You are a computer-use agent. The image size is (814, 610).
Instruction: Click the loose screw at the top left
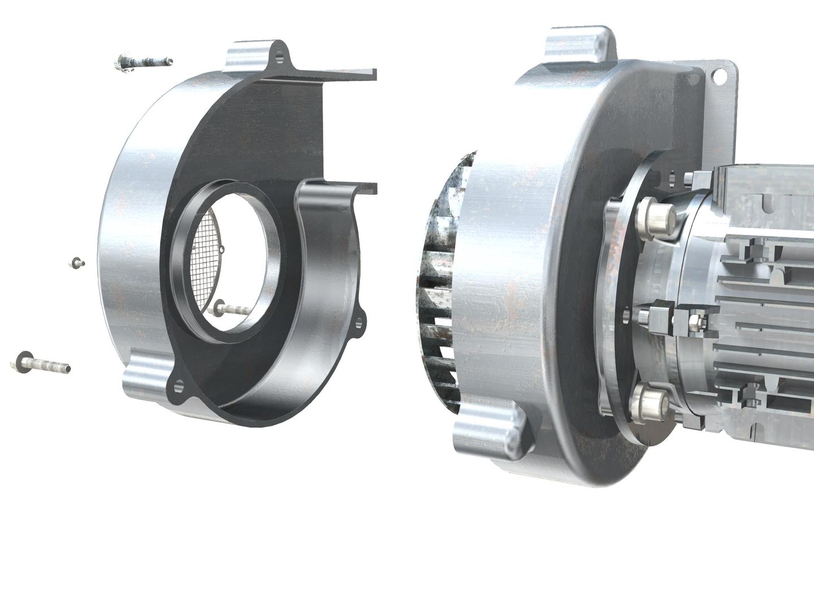[142, 62]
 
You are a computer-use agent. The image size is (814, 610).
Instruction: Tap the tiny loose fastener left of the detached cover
[76, 262]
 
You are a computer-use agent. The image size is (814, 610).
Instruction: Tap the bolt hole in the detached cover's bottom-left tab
[180, 386]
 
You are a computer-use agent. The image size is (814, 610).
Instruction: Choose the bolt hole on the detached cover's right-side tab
[357, 323]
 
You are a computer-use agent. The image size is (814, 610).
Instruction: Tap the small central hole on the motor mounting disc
[626, 311]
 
